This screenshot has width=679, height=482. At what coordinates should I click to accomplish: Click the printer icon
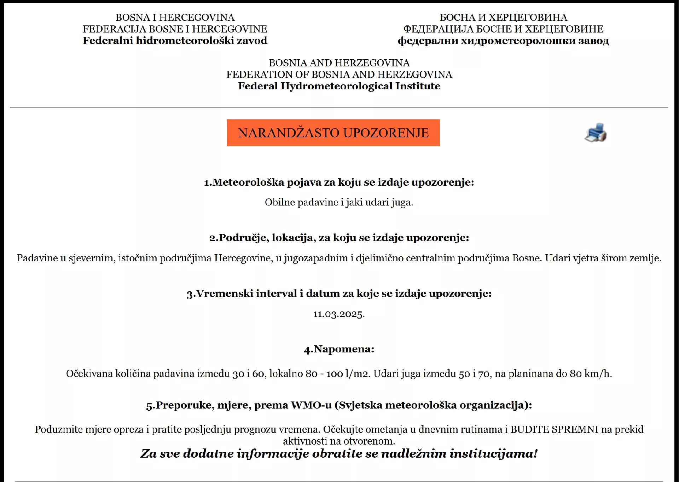pyautogui.click(x=596, y=133)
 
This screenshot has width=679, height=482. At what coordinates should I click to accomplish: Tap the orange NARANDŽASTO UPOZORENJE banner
pyautogui.click(x=333, y=133)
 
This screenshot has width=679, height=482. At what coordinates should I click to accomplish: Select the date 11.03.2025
pyautogui.click(x=339, y=314)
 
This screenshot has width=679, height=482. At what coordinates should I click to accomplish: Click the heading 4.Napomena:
pyautogui.click(x=339, y=349)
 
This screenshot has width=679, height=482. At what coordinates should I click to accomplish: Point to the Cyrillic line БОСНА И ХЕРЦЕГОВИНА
pyautogui.click(x=503, y=17)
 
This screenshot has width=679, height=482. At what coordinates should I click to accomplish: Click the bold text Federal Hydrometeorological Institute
pyautogui.click(x=339, y=86)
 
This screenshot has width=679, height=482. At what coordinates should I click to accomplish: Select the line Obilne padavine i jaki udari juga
pyautogui.click(x=339, y=202)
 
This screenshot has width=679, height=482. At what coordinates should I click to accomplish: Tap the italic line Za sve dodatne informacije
pyautogui.click(x=339, y=453)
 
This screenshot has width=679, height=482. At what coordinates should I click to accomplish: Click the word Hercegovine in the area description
pyautogui.click(x=243, y=258)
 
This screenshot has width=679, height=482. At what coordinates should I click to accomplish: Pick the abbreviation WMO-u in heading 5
pyautogui.click(x=311, y=405)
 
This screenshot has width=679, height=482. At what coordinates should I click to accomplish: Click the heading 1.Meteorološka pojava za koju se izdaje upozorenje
pyautogui.click(x=339, y=182)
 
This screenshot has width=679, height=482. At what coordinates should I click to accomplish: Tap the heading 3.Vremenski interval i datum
pyautogui.click(x=339, y=293)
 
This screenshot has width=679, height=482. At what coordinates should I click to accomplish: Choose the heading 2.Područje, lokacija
pyautogui.click(x=339, y=238)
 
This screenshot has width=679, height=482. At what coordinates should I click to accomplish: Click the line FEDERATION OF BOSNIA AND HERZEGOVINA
pyautogui.click(x=339, y=75)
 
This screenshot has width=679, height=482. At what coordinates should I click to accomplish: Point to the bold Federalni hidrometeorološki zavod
pyautogui.click(x=175, y=41)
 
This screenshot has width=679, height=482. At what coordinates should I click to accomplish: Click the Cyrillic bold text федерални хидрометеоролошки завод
pyautogui.click(x=503, y=41)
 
